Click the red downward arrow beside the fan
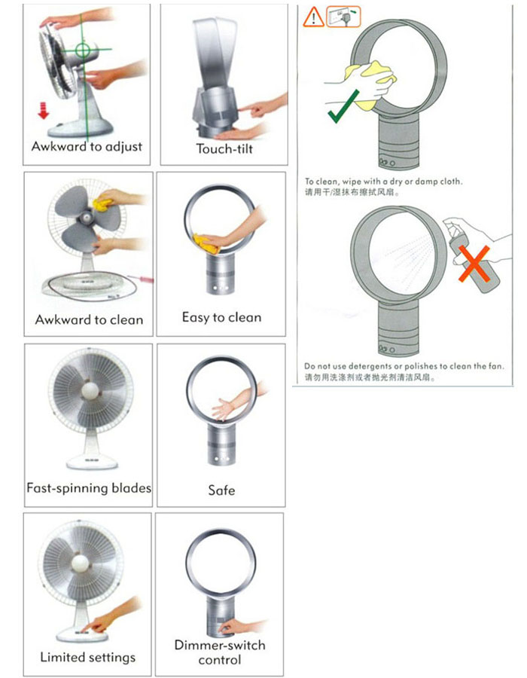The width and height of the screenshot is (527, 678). coord(43,110)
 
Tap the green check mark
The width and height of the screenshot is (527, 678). coord(343,107)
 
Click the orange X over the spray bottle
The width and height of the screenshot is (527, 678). coord(474,264)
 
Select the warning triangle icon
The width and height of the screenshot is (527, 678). coord(313,17)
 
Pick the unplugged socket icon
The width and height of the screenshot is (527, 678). coord(343,17)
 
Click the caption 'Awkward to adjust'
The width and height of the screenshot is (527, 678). coord(87,147)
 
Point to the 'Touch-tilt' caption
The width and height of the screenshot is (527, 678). coord(224,148)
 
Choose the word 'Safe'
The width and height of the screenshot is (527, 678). coord(221,490)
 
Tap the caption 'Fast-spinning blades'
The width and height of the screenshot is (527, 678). coord(89,488)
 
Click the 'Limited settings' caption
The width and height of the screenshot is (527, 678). coord(87,657)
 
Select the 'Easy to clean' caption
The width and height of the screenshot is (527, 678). coord(221,317)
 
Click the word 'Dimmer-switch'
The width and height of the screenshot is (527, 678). coord(220,645)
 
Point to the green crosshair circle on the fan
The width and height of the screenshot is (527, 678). coord(83,50)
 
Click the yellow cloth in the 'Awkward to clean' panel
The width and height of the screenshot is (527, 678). coord(103,204)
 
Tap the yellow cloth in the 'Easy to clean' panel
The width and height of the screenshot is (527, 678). coord(206,243)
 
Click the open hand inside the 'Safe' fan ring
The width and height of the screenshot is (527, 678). coord(222,408)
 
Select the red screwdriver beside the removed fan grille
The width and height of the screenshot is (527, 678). coord(147,279)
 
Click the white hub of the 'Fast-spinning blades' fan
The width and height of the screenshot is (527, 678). coord(90,390)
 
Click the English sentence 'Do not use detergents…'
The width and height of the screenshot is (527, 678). coord(404,366)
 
